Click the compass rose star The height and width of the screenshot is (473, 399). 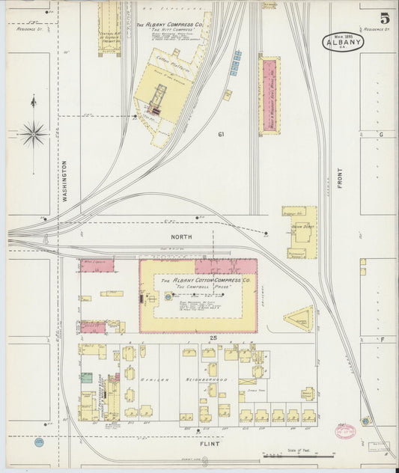(33, 135)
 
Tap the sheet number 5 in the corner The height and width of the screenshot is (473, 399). (383, 19)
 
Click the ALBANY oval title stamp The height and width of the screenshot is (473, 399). (344, 43)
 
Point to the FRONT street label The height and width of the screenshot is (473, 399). (340, 177)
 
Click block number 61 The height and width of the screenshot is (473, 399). (221, 135)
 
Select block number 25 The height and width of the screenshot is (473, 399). (213, 339)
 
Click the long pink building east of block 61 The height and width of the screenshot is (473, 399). (269, 96)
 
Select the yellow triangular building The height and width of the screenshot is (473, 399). (299, 319)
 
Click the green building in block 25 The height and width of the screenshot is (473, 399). (87, 378)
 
